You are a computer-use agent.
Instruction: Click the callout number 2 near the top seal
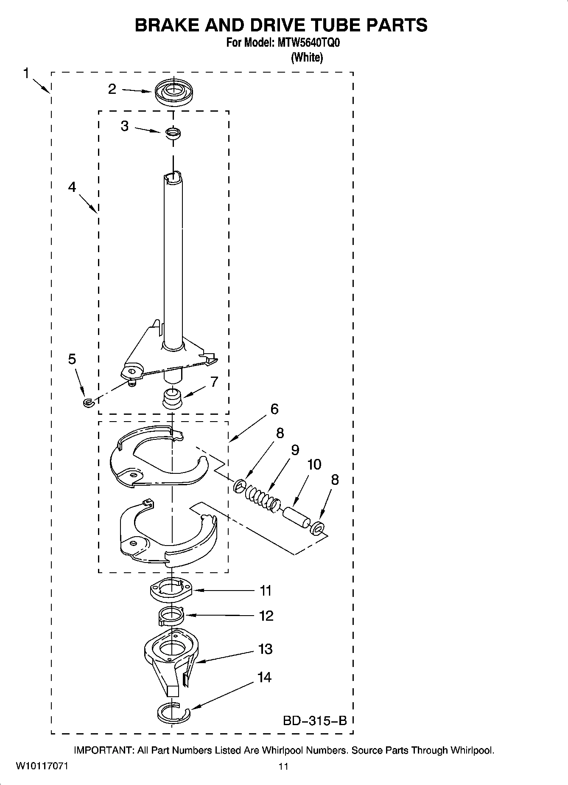pos(112,89)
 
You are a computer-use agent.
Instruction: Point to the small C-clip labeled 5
pos(88,402)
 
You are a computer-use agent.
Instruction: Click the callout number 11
pos(266,591)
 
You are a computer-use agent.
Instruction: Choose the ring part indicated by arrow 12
pos(171,616)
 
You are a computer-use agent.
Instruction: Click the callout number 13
pos(266,649)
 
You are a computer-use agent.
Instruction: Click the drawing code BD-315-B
pos(315,720)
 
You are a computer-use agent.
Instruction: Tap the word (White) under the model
pos(307,57)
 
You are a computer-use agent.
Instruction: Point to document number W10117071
pos(42,766)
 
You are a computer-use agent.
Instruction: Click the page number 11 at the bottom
pos(283,766)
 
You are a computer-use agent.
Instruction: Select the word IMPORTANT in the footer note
pos(104,750)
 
